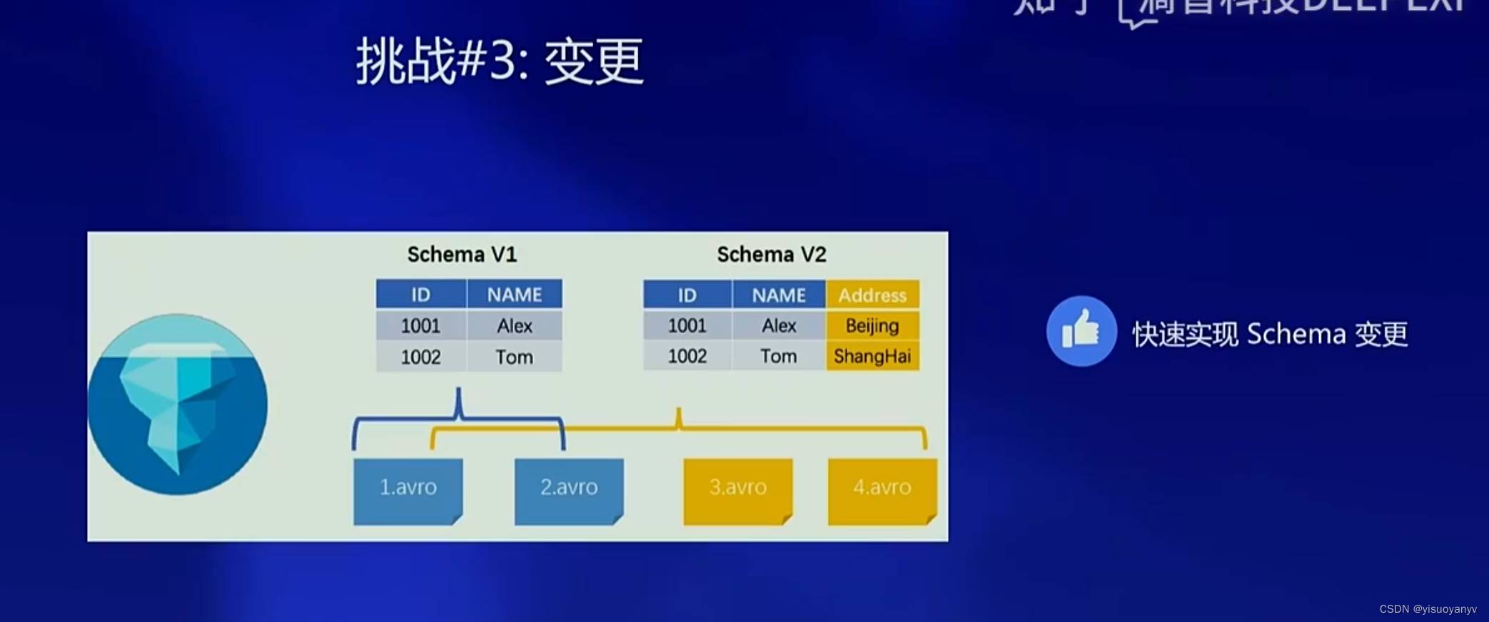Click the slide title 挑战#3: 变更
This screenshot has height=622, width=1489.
click(500, 61)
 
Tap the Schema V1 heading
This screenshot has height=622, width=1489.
click(462, 254)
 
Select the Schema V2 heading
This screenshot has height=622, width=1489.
click(771, 254)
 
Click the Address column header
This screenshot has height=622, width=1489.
click(872, 295)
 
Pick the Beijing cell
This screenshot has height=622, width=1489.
click(872, 326)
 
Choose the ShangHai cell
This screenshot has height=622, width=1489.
click(872, 356)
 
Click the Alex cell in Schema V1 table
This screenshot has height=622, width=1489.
click(514, 326)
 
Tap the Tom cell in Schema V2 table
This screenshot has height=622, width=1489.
click(778, 356)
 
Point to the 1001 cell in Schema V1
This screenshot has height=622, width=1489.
click(420, 326)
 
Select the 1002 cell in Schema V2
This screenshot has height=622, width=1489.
click(687, 356)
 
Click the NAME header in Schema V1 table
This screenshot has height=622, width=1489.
click(514, 295)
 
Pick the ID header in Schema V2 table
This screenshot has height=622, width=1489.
click(687, 295)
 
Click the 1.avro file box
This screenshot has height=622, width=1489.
click(408, 490)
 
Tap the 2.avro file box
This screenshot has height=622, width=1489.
click(569, 490)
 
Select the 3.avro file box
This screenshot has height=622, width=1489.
click(738, 490)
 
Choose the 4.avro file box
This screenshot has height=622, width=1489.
click(882, 490)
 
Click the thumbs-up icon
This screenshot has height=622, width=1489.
click(1081, 331)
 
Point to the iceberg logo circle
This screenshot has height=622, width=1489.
click(177, 404)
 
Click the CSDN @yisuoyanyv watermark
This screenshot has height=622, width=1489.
click(1428, 609)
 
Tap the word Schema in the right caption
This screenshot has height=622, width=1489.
click(1296, 334)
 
